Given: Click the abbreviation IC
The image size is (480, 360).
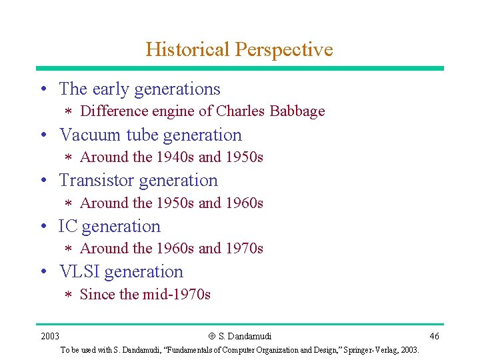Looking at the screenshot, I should [68, 227].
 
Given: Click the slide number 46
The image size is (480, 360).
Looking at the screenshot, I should [434, 335].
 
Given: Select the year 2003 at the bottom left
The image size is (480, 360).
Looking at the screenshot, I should [49, 335].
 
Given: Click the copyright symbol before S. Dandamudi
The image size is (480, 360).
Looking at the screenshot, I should [212, 336].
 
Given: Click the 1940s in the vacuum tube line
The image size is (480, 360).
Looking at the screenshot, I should [175, 157].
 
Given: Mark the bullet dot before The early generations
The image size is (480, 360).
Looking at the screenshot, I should [43, 89].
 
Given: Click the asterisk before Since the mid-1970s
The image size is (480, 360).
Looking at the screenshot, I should [67, 295].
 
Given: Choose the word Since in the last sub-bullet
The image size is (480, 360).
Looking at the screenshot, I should [97, 294].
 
